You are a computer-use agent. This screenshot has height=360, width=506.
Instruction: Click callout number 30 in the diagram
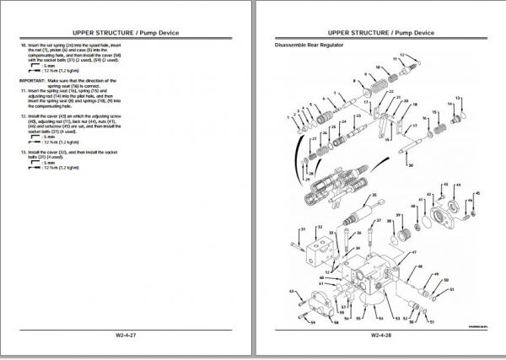[x=410, y=168]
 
